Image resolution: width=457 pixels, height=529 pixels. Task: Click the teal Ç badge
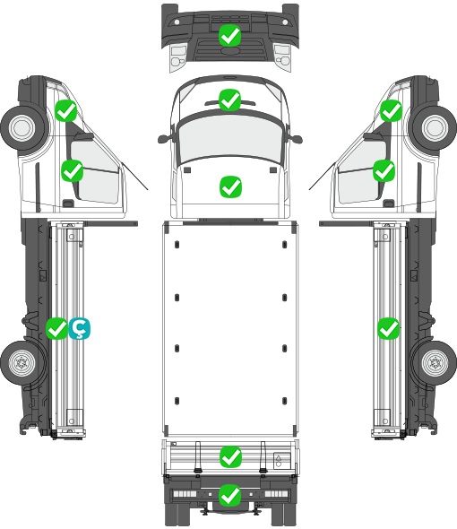[x=80, y=328]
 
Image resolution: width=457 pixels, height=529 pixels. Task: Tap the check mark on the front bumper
[x=229, y=35]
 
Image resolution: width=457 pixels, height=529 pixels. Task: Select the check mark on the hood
[x=230, y=186]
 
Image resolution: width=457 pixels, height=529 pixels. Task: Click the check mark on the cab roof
[x=229, y=100]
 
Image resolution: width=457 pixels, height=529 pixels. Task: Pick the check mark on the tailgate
[x=230, y=457]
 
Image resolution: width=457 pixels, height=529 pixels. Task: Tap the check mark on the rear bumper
[x=230, y=495]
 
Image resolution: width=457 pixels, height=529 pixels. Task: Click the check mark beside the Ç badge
[x=56, y=328]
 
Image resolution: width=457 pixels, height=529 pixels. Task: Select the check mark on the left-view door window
[x=72, y=170]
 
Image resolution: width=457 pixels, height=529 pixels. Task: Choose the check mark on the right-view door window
[x=384, y=170]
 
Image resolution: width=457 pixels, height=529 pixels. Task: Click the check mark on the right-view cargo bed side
[x=389, y=328]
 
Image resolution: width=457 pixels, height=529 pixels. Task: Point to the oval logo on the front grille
[x=229, y=50]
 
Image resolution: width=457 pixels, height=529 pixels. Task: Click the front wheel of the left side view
[x=22, y=128]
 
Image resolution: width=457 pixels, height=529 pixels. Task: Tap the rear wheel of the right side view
[x=435, y=362]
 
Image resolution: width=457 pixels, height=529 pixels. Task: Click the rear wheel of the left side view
[x=22, y=362]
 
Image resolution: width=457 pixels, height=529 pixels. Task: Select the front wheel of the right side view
[x=435, y=128]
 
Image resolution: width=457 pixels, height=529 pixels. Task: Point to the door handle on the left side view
[x=68, y=204]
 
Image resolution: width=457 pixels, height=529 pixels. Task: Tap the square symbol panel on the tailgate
[x=281, y=461]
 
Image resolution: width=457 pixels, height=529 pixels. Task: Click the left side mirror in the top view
[x=164, y=139]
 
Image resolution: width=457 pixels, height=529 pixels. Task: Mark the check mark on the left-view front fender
[x=66, y=110]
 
